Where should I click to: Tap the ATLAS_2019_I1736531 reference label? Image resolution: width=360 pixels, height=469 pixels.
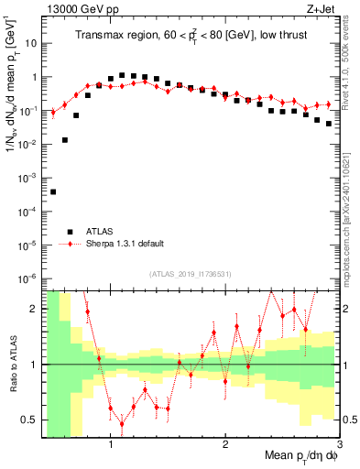[x=190, y=274]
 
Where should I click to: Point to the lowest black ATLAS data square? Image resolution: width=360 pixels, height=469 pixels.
[x=53, y=191]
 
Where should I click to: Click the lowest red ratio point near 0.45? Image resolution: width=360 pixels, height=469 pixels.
[x=122, y=423]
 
